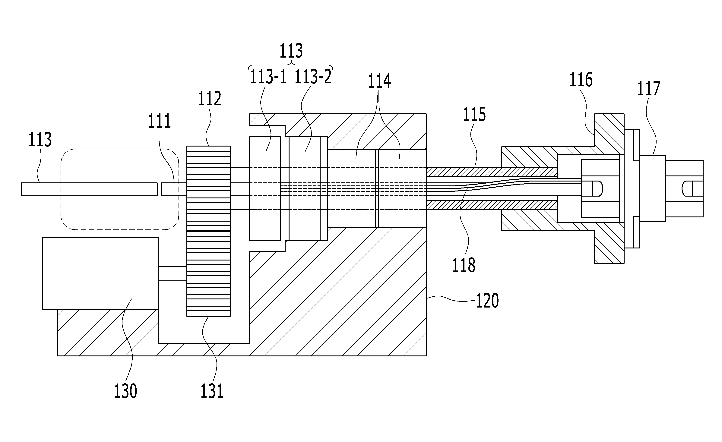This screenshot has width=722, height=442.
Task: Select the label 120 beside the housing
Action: tap(487, 301)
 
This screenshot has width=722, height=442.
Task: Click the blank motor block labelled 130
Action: tap(100, 273)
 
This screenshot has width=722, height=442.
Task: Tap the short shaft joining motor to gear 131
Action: tap(172, 274)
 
